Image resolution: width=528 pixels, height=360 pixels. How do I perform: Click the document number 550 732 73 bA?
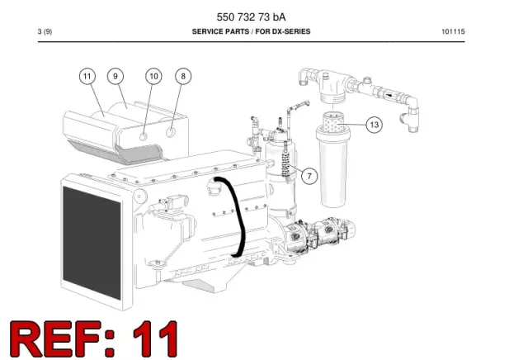[x=251, y=17]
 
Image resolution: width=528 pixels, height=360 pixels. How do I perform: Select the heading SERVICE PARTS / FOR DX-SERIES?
[x=251, y=31]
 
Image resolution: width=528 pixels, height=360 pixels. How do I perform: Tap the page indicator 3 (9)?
[x=45, y=31]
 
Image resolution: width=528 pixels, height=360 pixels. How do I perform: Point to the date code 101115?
[x=453, y=31]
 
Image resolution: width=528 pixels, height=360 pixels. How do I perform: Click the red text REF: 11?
[x=94, y=339]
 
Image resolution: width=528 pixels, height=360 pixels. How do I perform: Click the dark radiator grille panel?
[x=92, y=243]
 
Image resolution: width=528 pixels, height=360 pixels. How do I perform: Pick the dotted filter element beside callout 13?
[x=333, y=122]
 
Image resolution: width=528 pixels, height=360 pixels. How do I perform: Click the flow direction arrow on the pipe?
[x=389, y=95]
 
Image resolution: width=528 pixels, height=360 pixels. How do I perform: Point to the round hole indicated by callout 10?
[x=143, y=136]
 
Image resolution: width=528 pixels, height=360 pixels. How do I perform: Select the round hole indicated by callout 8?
[x=171, y=132]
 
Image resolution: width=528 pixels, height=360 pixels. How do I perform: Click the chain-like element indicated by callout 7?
[x=287, y=163]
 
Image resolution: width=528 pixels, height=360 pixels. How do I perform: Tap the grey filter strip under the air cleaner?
[x=116, y=153]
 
